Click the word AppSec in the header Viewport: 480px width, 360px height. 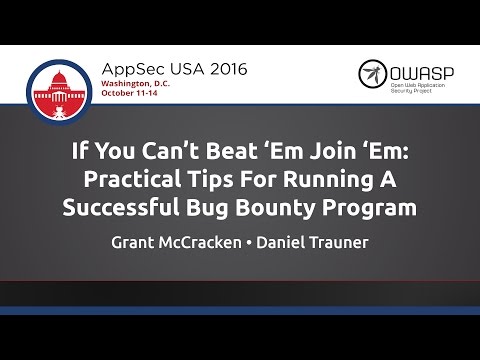click(x=129, y=70)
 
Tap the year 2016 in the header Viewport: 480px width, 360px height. click(x=221, y=70)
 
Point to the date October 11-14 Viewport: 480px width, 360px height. click(x=137, y=98)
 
